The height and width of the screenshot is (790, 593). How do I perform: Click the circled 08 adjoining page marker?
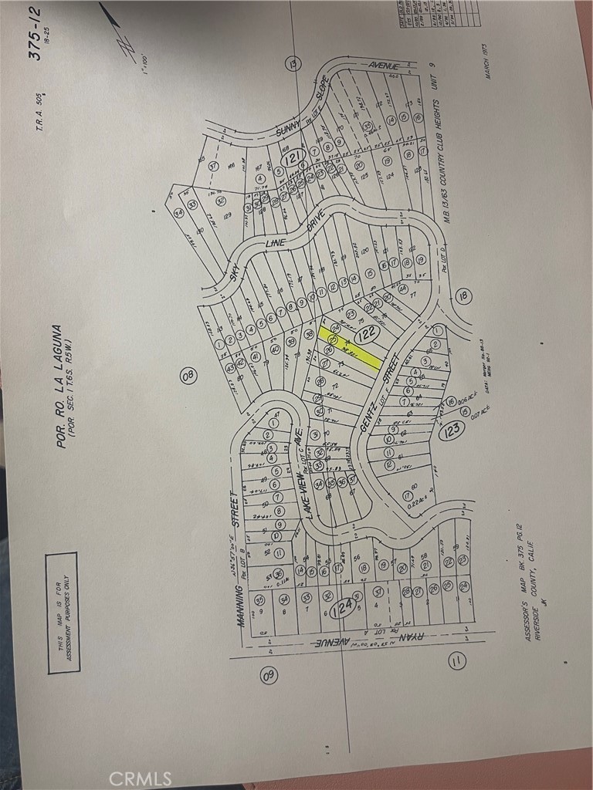pyautogui.click(x=189, y=376)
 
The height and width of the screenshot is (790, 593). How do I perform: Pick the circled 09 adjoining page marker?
pyautogui.click(x=269, y=675)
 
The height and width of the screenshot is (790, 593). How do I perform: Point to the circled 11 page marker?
pyautogui.click(x=457, y=661)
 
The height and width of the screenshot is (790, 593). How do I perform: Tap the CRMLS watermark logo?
pyautogui.click(x=141, y=777)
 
